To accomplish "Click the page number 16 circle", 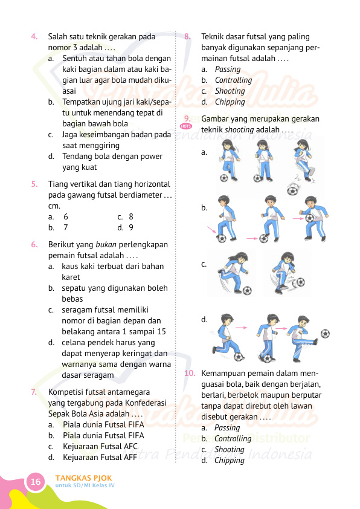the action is click(x=36, y=482).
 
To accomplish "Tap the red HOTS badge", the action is click(x=186, y=126).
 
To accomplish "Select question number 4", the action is click(x=35, y=36).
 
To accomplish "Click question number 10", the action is click(x=190, y=373).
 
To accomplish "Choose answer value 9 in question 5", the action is click(x=131, y=227).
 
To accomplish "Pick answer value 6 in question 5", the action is click(x=66, y=216).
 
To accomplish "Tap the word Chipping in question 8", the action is click(x=230, y=102).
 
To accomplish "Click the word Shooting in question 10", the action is click(x=230, y=449).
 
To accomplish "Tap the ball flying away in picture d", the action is click(x=326, y=333).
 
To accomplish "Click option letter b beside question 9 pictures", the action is click(x=204, y=207).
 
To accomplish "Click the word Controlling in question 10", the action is click(x=233, y=438).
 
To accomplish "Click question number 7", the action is click(x=34, y=392).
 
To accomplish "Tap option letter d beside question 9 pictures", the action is click(x=204, y=319).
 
